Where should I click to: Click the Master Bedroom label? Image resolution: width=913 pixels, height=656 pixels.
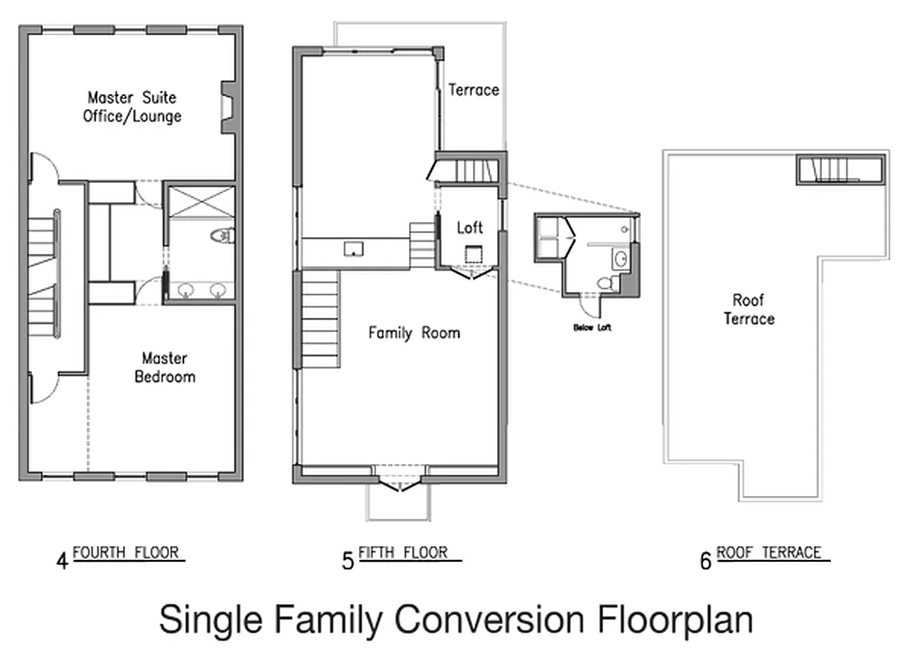pyautogui.click(x=165, y=367)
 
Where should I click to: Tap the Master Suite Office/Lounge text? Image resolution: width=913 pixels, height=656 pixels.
pyautogui.click(x=132, y=107)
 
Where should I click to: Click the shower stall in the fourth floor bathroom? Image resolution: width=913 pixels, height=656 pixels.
pyautogui.click(x=201, y=202)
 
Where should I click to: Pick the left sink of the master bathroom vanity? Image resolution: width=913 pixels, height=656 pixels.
pyautogui.click(x=186, y=289)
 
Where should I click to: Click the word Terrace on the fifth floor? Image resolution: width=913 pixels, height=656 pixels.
pyautogui.click(x=473, y=90)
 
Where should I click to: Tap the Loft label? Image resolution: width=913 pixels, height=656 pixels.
pyautogui.click(x=470, y=228)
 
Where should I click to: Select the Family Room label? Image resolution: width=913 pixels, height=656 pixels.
pyautogui.click(x=414, y=333)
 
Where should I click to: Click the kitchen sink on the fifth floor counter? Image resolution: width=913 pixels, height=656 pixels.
pyautogui.click(x=354, y=248)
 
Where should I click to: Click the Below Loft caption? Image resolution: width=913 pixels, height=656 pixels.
pyautogui.click(x=592, y=327)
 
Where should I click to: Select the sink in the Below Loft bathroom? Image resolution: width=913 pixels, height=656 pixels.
pyautogui.click(x=622, y=260)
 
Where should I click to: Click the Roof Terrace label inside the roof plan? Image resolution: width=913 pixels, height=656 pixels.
pyautogui.click(x=748, y=309)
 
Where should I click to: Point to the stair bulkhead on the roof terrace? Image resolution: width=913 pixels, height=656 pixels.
pyautogui.click(x=838, y=170)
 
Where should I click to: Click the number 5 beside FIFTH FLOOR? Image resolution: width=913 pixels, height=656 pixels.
pyautogui.click(x=347, y=561)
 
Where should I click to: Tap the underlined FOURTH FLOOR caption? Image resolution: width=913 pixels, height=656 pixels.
pyautogui.click(x=126, y=553)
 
